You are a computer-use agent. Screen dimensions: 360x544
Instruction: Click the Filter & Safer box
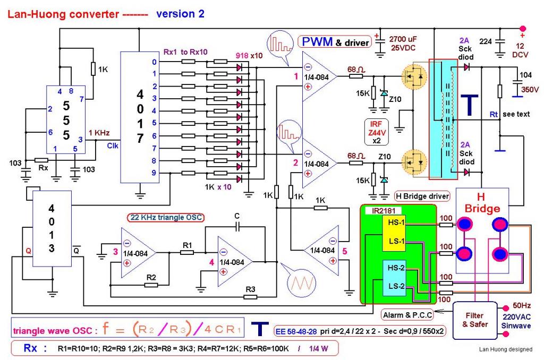tap(473, 320)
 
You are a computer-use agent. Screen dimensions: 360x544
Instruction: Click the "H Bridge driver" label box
tap(423, 195)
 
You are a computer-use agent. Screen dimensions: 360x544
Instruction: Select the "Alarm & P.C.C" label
tap(407, 315)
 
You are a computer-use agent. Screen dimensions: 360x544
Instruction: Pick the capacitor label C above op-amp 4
tap(238, 217)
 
